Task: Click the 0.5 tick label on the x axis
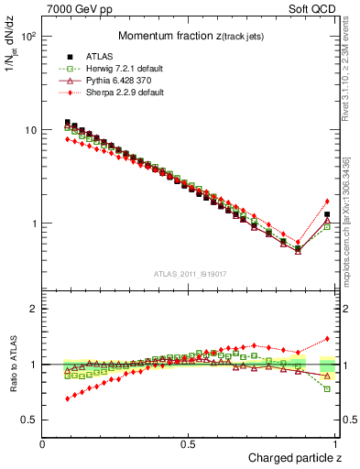[189, 444]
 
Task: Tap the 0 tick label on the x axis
[43, 444]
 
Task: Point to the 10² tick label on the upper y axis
[27, 37]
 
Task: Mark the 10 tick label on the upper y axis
[29, 130]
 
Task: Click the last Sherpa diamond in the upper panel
[327, 202]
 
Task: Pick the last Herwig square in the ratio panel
[327, 389]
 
